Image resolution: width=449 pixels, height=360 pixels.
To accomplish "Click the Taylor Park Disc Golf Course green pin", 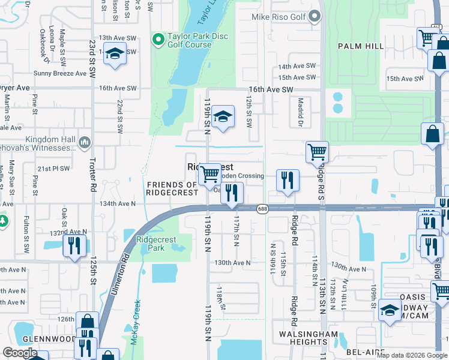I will pos(158,40).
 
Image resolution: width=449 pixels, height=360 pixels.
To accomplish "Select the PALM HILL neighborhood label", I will pos(360,46).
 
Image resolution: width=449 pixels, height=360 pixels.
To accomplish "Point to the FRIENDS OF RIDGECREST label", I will pos(172,188).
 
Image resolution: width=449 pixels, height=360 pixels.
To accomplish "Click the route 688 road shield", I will pos(262,209).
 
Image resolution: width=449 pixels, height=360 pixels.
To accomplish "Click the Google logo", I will pos(20,353).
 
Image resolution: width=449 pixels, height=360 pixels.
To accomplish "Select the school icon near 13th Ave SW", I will pos(113,54).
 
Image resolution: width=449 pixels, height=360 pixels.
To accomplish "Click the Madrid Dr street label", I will pos(300,113).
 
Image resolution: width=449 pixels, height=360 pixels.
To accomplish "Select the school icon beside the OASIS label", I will pos(389,310).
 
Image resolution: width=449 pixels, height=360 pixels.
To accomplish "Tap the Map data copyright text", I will pos(411,355).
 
